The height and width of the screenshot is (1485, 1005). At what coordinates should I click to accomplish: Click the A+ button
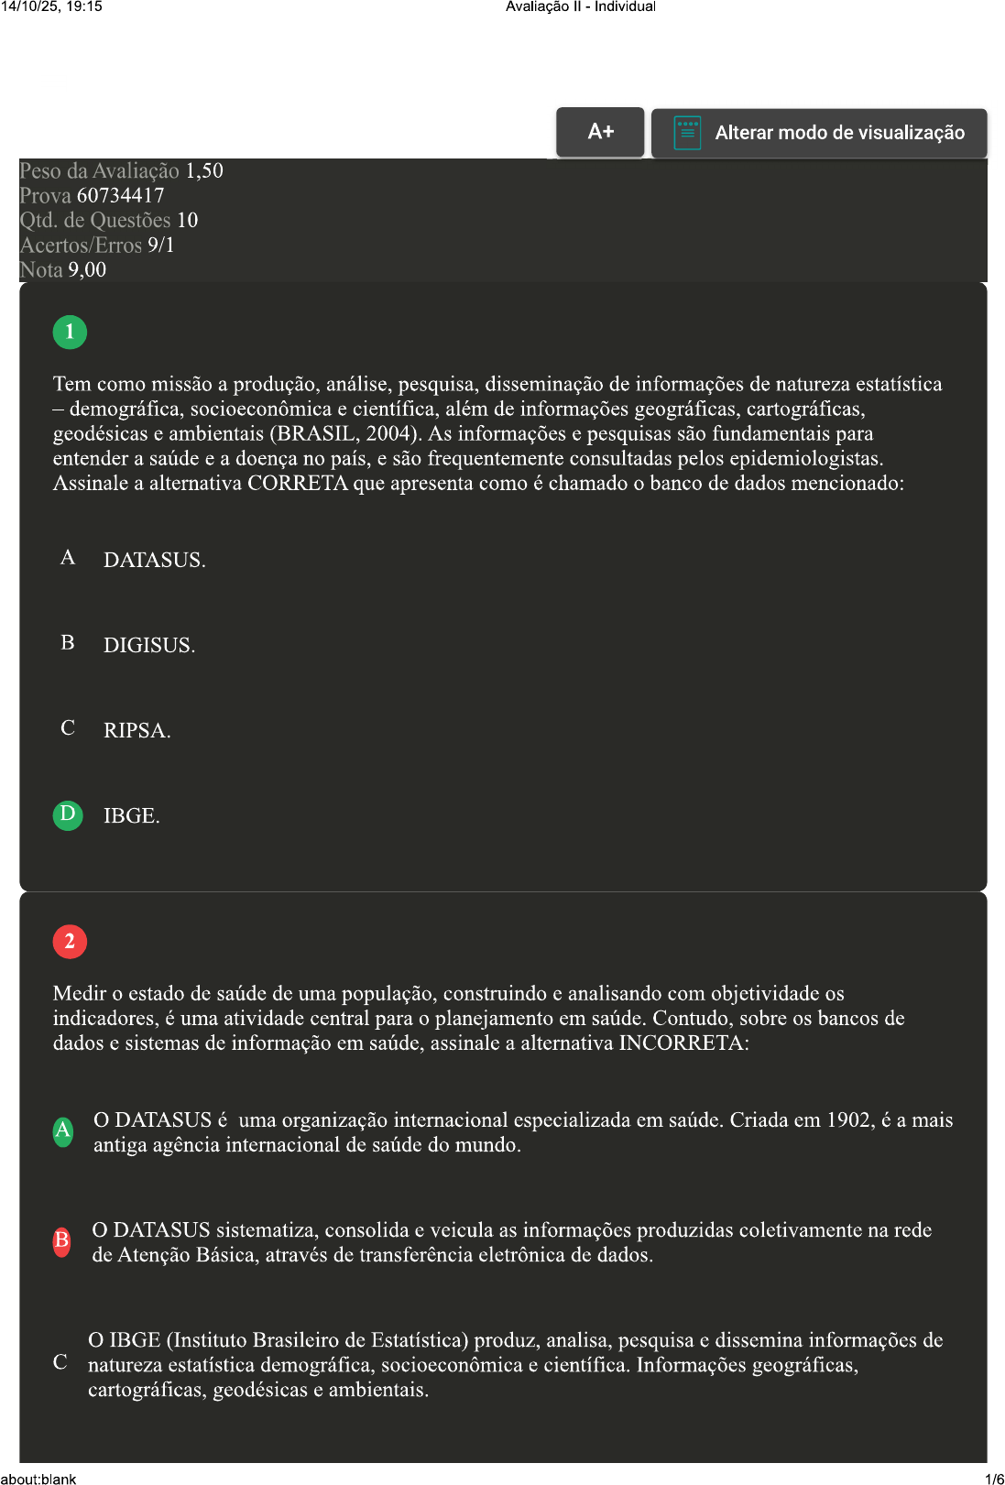600,132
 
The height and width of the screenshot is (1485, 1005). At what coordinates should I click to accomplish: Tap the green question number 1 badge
70,332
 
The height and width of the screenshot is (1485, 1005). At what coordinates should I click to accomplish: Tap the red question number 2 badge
70,941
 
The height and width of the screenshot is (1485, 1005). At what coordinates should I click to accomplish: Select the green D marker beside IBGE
68,814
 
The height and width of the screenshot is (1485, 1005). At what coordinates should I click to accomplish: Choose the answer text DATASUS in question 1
154,560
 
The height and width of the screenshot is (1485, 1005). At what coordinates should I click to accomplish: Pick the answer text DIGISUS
148,645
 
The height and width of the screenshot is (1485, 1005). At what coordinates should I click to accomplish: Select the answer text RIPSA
137,730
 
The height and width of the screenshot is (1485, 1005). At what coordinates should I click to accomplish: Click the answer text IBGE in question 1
131,815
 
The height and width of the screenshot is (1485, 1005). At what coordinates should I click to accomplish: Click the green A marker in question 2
62,1131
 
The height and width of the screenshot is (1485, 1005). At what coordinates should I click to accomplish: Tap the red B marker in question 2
61,1240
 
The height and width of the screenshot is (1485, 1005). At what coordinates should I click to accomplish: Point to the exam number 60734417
120,195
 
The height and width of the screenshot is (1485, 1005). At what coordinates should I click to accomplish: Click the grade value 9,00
87,269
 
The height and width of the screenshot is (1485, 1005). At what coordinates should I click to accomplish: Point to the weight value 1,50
204,170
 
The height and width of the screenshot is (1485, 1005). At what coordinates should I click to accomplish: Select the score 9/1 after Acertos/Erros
160,245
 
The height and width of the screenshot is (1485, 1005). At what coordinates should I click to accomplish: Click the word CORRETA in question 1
298,483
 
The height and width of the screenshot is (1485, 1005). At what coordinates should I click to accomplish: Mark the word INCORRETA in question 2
683,1043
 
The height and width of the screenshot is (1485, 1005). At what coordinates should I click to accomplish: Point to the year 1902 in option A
850,1119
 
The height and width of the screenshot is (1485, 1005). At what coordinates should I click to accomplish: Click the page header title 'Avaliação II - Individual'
581,6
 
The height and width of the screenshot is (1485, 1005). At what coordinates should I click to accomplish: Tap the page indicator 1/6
994,1479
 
